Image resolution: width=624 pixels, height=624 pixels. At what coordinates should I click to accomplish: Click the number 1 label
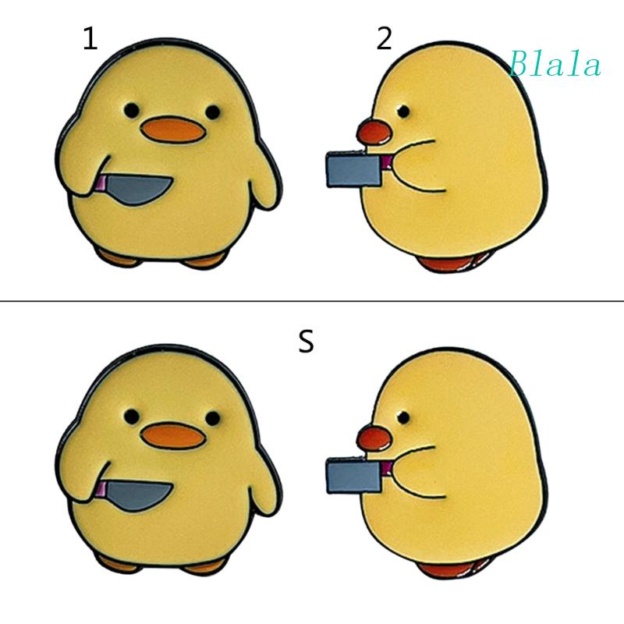click(x=90, y=39)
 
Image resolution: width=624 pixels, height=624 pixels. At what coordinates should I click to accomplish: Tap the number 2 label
click(x=384, y=39)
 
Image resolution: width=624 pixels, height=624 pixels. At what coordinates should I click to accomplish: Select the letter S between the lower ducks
click(x=307, y=342)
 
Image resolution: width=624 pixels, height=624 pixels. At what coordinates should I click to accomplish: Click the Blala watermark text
click(x=555, y=65)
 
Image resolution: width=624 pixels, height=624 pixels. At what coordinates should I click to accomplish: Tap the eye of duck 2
click(x=402, y=108)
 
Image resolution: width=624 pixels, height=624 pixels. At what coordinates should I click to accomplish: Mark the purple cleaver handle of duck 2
click(x=385, y=164)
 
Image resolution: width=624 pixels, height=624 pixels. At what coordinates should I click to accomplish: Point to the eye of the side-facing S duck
click(x=402, y=413)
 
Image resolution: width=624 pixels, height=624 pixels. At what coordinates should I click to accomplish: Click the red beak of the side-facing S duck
click(x=372, y=438)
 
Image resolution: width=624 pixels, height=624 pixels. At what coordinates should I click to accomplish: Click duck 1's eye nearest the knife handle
click(x=133, y=109)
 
